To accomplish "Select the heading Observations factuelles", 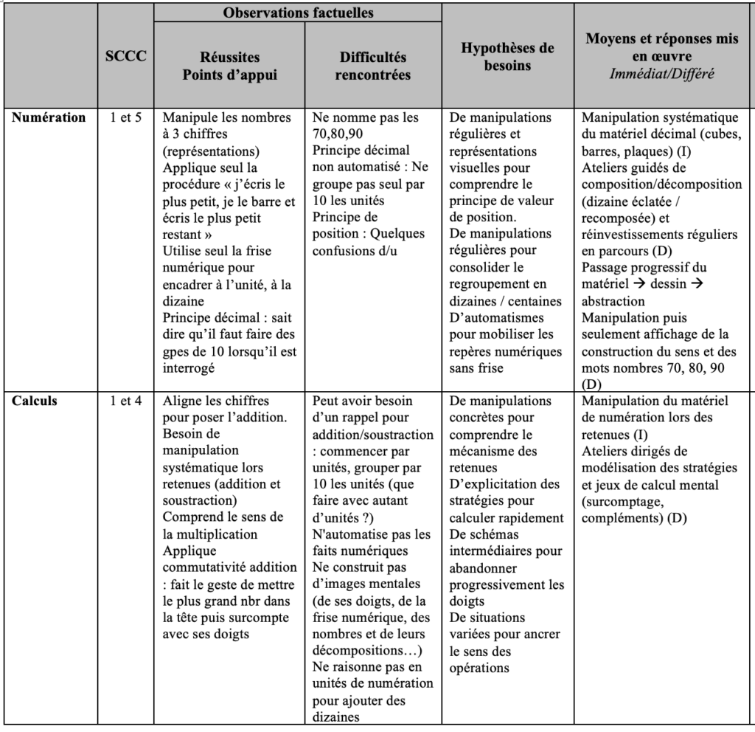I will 298,13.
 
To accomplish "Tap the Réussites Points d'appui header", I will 230,66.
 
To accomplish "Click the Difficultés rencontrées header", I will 372,66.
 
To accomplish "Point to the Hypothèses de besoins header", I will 507,56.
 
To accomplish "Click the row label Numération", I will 49,117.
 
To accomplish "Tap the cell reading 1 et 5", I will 126,117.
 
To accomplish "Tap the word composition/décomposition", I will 661,184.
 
